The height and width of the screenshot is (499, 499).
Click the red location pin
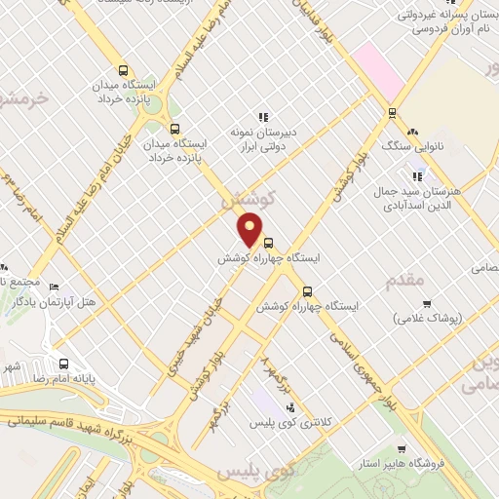click(250, 229)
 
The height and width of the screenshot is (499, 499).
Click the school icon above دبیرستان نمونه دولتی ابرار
click(261, 115)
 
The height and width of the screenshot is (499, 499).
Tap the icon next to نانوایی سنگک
click(412, 131)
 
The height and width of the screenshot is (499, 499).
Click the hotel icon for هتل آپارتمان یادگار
click(54, 288)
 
